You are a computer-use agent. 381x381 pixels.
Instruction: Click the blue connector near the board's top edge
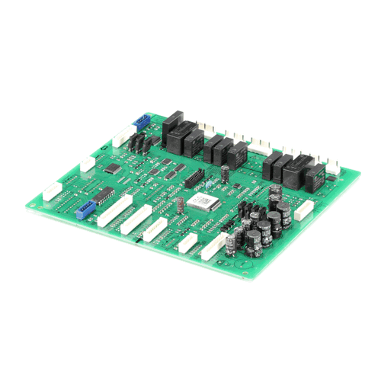(143, 120)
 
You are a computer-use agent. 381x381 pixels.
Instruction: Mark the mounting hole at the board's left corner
(44, 200)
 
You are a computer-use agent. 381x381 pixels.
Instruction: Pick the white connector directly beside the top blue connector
(122, 137)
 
